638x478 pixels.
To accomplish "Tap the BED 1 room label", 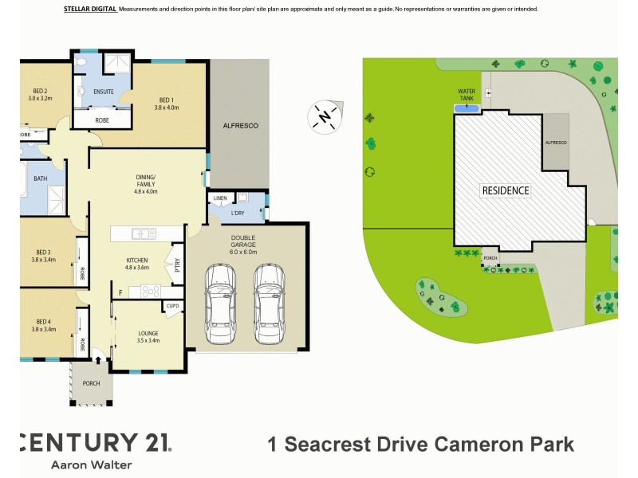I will coord(167,102).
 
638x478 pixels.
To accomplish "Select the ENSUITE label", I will coord(104,92).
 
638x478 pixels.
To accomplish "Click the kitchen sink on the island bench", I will coord(145,233).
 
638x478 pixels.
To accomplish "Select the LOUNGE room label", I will coord(148,336).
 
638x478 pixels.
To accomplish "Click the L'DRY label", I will coord(237,214).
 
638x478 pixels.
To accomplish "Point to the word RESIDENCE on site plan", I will coord(505,191).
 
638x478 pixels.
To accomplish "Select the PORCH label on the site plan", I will coord(489,257).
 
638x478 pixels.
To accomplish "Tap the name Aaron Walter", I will coord(92,464).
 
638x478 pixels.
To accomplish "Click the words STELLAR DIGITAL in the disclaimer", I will coord(89,9).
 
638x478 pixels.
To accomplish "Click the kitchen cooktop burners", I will coord(151,292).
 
